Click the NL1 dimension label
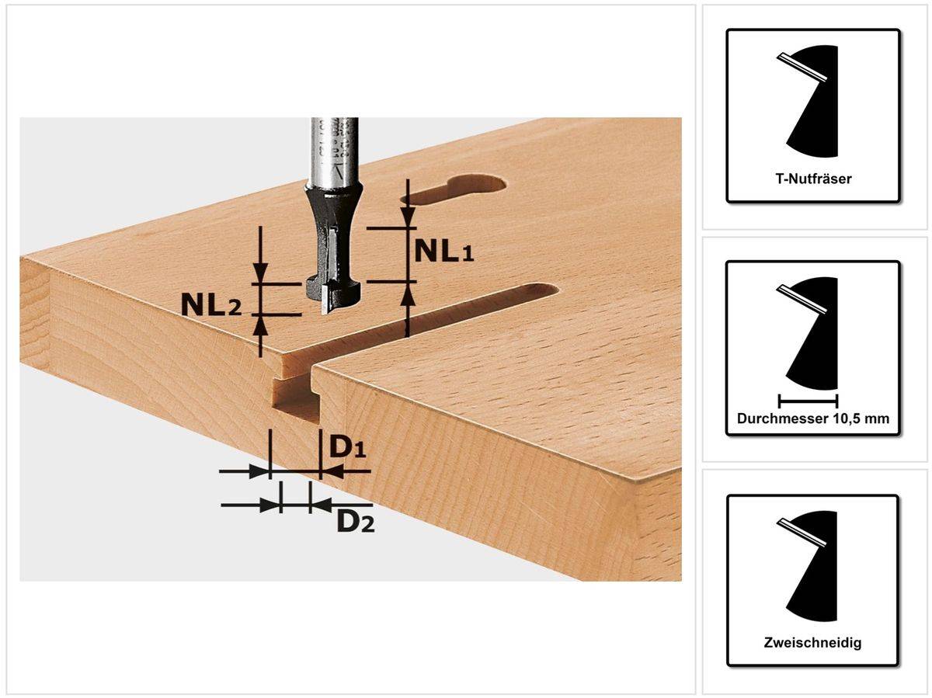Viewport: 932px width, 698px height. (x=443, y=251)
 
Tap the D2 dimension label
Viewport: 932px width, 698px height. (x=355, y=522)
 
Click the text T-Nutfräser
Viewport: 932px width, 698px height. (x=813, y=179)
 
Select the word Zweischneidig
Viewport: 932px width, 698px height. (x=813, y=643)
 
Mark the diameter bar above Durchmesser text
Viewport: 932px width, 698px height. (x=808, y=401)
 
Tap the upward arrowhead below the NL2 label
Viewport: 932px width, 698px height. (x=261, y=324)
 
